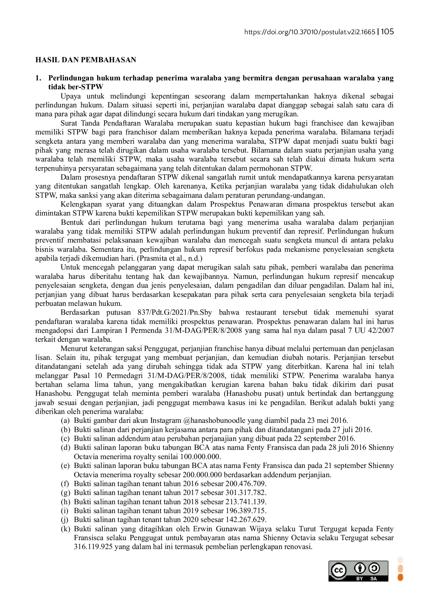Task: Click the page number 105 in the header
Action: pos(387,32)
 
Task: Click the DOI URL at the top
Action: pos(309,32)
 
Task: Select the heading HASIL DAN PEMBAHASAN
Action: pos(86,60)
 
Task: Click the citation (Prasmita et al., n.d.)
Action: pos(170,259)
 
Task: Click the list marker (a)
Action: pos(65,420)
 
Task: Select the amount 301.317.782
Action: pos(245,493)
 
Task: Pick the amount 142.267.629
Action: pos(245,520)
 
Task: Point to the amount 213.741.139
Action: pos(245,502)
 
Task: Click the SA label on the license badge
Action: pos(373,579)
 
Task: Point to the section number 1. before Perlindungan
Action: pos(38,78)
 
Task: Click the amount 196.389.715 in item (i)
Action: pos(245,511)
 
